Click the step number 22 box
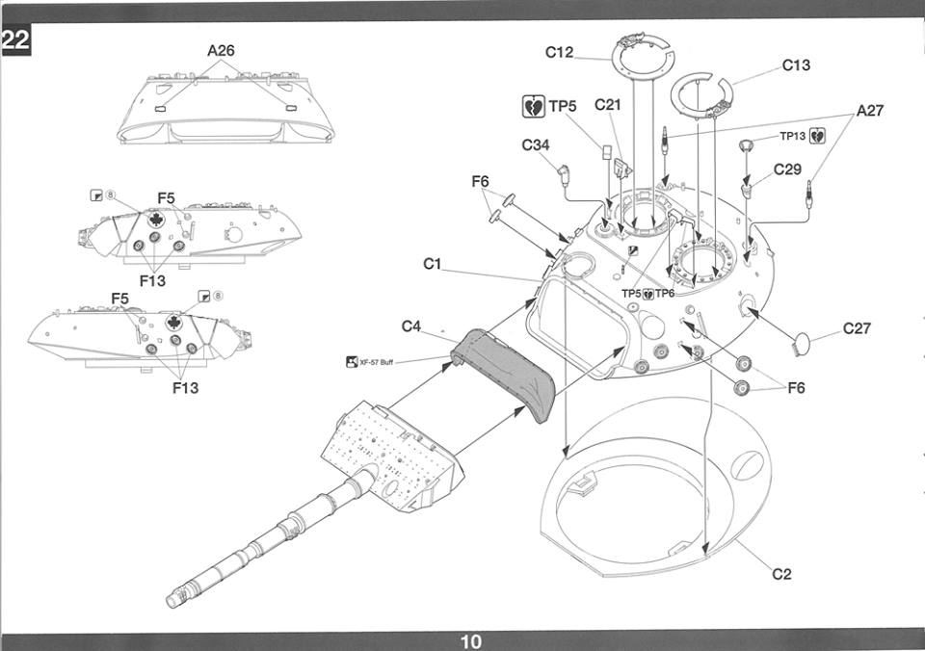click(15, 39)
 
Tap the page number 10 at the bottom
click(471, 641)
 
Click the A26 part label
click(221, 51)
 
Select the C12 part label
click(559, 52)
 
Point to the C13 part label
click(796, 65)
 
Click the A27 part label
click(869, 111)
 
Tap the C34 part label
click(536, 145)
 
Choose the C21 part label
click(608, 105)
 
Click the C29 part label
click(787, 169)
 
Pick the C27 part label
click(857, 328)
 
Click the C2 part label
click(781, 574)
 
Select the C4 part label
click(411, 326)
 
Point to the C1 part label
click(432, 264)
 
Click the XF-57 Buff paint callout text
click(376, 362)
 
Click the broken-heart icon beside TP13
click(817, 136)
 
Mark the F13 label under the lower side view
click(185, 387)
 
